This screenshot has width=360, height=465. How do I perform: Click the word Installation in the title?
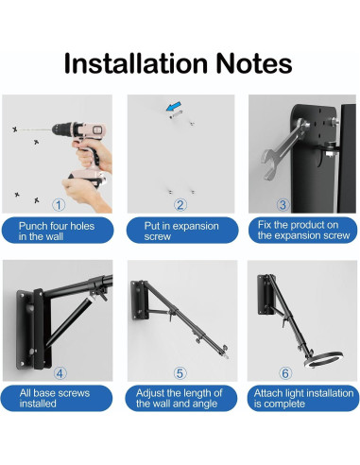[x=136, y=63]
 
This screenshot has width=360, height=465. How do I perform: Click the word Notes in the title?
[x=254, y=63]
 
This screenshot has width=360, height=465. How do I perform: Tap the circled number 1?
[x=59, y=205]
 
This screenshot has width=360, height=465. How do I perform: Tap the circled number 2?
[x=180, y=205]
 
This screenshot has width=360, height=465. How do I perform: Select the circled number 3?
[x=283, y=205]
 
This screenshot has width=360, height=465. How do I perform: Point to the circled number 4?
[x=60, y=373]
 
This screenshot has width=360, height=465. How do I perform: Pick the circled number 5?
[x=180, y=373]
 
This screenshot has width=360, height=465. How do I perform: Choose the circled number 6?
[x=285, y=373]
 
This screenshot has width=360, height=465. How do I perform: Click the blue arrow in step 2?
[x=174, y=106]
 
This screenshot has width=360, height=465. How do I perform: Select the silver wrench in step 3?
[x=283, y=148]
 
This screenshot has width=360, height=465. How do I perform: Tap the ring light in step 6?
[x=323, y=359]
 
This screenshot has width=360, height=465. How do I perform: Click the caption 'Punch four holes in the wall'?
[x=57, y=231]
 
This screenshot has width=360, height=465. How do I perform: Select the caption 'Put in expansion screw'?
[x=181, y=231]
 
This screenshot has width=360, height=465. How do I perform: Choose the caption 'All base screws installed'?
[x=55, y=398]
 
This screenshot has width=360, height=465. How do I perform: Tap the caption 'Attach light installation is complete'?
[x=303, y=398]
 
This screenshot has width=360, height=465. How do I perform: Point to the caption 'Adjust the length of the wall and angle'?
[x=180, y=398]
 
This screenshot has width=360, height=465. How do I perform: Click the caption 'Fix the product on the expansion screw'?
[x=303, y=230]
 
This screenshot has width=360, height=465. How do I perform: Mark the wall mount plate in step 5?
[x=140, y=301]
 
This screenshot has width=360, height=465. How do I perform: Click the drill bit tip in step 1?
[x=19, y=129]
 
